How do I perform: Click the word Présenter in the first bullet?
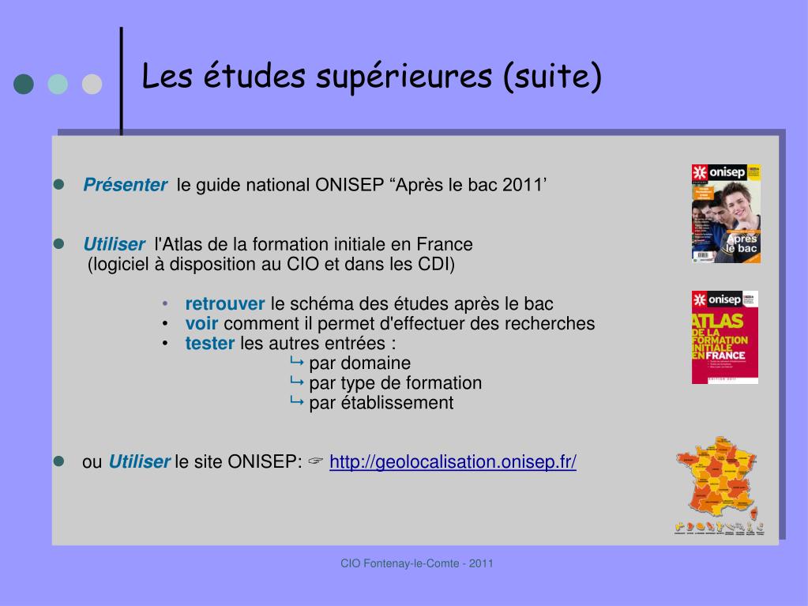pyautogui.click(x=125, y=186)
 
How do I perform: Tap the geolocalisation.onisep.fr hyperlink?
pyautogui.click(x=453, y=462)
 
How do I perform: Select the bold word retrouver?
pyautogui.click(x=225, y=304)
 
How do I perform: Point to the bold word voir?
pyautogui.click(x=202, y=324)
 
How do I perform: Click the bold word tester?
pyautogui.click(x=210, y=344)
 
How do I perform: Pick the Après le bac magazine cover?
pyautogui.click(x=726, y=213)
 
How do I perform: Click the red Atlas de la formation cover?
pyautogui.click(x=725, y=337)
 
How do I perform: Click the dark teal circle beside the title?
pyautogui.click(x=24, y=84)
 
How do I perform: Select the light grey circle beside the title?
pyautogui.click(x=92, y=84)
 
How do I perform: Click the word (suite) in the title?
pyautogui.click(x=552, y=77)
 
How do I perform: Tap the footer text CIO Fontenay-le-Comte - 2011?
pyautogui.click(x=417, y=563)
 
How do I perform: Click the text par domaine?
pyautogui.click(x=359, y=363)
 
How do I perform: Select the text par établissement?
pyautogui.click(x=381, y=403)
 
